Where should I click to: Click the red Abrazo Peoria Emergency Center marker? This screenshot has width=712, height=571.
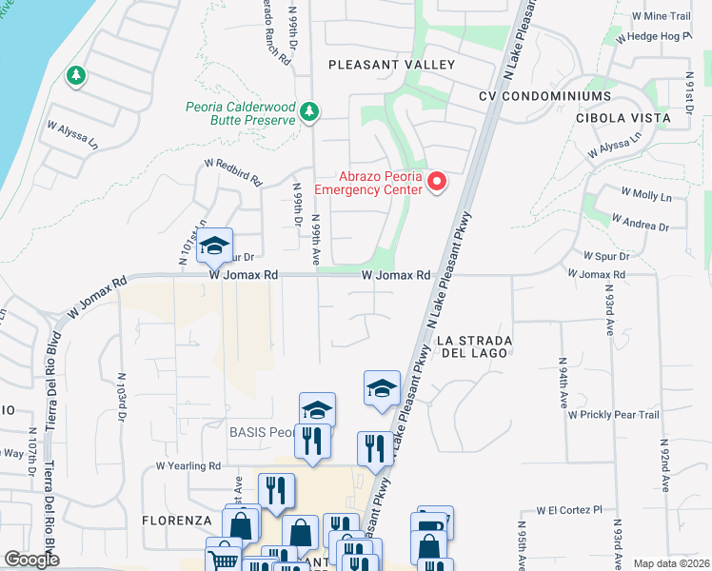point(437,181)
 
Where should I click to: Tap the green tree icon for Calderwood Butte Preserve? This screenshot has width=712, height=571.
point(308,113)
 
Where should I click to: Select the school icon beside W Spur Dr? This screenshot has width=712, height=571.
point(214,246)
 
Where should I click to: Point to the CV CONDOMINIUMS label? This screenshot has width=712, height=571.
point(544,97)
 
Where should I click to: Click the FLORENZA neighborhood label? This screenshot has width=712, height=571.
point(175,521)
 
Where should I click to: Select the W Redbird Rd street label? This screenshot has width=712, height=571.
point(231,172)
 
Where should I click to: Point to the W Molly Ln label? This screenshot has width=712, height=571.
point(645,194)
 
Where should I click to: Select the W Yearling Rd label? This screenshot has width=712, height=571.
point(188,466)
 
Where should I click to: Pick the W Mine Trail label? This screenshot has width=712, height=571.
point(660,16)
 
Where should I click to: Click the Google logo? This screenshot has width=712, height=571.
point(31,560)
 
